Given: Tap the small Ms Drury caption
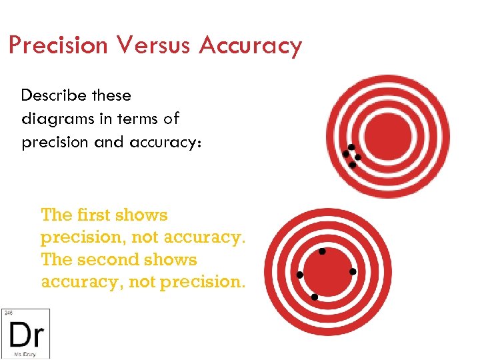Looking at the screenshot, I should pyautogui.click(x=25, y=354).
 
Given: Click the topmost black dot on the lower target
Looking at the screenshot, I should pyautogui.click(x=322, y=251).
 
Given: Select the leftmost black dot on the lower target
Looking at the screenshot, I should pyautogui.click(x=300, y=275).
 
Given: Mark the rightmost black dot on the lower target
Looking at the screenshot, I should pyautogui.click(x=353, y=271).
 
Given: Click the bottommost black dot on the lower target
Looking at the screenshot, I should pyautogui.click(x=314, y=296).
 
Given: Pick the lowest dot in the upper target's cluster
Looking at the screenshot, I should pyautogui.click(x=352, y=164).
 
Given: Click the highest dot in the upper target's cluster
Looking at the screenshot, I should pyautogui.click(x=351, y=147).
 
